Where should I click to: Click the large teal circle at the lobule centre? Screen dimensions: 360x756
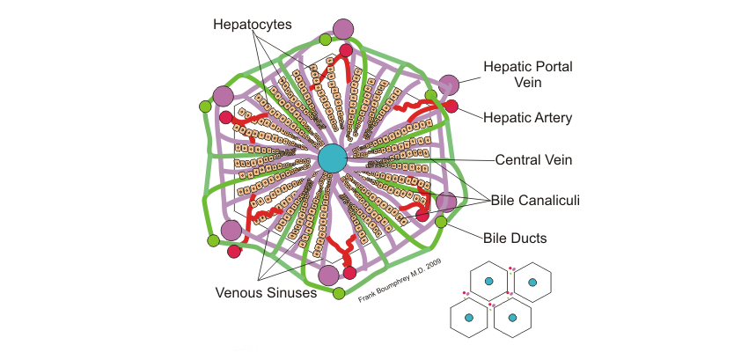pos(333,158)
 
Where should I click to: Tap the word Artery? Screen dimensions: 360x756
pos(554,116)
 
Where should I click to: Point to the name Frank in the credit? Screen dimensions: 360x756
pos(368,297)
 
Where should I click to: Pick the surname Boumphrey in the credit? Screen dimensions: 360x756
pos(392,283)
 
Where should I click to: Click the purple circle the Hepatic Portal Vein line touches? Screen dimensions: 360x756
pos(449,84)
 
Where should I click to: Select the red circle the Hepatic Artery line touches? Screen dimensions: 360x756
pos(451,107)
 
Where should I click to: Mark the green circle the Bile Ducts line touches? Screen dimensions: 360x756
pos(441,222)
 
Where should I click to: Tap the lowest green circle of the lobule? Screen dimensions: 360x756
pos(339,292)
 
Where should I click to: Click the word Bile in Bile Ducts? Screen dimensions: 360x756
pos(498,237)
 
